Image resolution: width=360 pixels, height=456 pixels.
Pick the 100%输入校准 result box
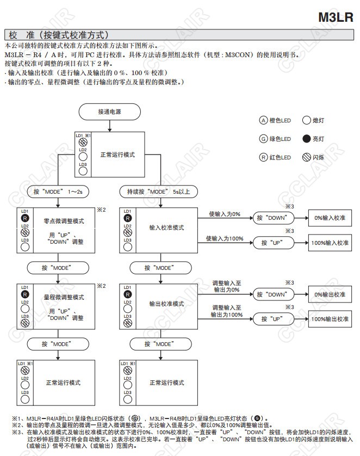pos(330,242)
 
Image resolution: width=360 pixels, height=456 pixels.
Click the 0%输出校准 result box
pos(330,294)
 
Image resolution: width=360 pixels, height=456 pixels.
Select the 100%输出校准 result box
pos(330,319)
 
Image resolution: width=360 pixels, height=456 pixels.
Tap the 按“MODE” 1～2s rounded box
pos(58,192)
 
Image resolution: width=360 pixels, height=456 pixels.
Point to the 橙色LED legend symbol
pos(264,120)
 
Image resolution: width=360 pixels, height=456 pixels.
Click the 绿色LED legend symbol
pos(264,139)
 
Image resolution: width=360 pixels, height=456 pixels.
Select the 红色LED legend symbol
pos(264,158)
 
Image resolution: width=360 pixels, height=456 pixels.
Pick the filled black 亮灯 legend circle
pos(306,139)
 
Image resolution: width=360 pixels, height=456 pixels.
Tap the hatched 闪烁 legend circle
pos(306,158)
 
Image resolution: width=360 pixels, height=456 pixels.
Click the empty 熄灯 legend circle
pos(306,120)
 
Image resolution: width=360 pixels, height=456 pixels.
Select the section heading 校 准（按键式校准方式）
pos(60,34)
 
